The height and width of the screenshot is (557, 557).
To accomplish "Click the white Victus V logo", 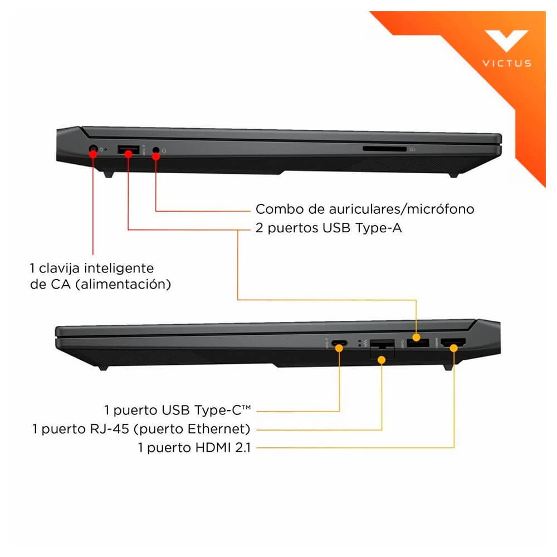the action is [506, 40].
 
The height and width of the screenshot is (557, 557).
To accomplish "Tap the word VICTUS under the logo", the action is [507, 63].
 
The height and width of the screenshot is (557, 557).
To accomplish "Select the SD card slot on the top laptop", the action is [384, 149].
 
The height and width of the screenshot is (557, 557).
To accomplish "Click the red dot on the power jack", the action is [93, 154].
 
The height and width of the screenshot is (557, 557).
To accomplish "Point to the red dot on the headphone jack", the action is [155, 156].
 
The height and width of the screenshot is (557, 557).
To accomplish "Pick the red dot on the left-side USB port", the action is [128, 153].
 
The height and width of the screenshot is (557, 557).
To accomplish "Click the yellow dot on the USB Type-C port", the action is [339, 348].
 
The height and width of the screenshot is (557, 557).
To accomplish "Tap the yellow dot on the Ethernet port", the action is [382, 360].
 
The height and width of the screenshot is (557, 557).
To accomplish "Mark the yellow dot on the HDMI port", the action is [453, 348].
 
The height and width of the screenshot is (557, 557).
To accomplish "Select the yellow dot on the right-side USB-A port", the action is [416, 337].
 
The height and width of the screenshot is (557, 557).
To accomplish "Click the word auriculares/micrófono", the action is [402, 209].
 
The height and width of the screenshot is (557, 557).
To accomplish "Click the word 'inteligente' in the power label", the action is [119, 268].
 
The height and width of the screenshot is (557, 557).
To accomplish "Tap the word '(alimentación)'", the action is [123, 284].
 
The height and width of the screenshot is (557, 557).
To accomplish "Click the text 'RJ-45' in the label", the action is [109, 429].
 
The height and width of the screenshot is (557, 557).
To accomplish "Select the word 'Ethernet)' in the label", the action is [219, 429].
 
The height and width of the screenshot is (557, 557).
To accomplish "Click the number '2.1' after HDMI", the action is [243, 448].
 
